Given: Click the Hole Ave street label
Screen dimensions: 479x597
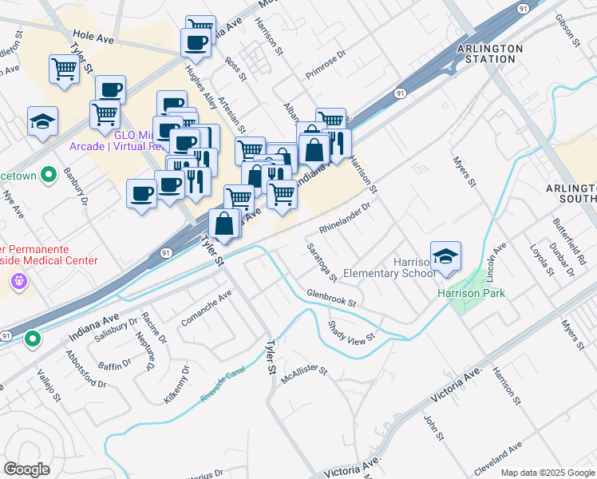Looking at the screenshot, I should tap(93, 36).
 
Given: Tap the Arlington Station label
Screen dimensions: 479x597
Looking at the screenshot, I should tap(490, 53).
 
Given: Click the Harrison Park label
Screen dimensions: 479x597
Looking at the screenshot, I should tap(471, 293).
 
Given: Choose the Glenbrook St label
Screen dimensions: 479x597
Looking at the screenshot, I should tap(330, 299).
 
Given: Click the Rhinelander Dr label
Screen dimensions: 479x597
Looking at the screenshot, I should tap(346, 218).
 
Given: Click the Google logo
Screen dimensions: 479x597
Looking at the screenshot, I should tap(26, 469).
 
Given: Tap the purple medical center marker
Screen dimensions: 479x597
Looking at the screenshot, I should tap(18, 282).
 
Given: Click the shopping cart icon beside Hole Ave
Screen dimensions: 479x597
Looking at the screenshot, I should tap(64, 69).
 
